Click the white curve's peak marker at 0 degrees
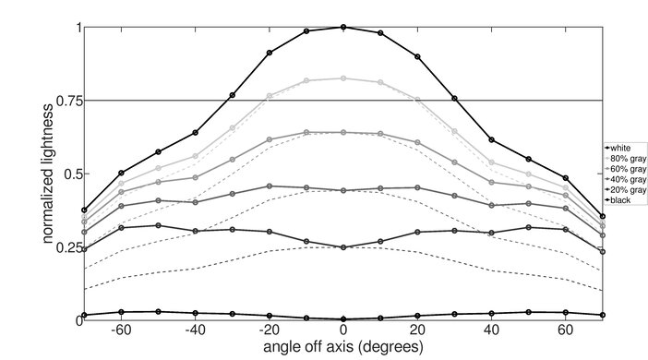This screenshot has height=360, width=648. click(343, 28)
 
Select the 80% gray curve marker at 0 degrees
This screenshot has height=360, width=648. click(343, 78)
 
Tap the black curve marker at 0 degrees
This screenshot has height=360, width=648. click(343, 318)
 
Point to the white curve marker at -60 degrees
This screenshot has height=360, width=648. click(121, 173)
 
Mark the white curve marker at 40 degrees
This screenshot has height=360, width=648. click(491, 139)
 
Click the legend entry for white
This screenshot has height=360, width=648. click(618, 147)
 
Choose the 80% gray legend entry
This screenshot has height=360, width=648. click(623, 157)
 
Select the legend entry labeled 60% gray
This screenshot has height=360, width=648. click(623, 168)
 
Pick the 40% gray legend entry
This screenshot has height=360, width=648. click(623, 178)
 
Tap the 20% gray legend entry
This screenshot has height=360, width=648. click(623, 188)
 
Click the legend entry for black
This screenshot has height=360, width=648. click(618, 199)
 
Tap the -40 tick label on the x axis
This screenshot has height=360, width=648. click(194, 331)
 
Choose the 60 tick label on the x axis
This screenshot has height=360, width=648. click(565, 331)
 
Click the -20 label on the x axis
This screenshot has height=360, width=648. click(268, 331)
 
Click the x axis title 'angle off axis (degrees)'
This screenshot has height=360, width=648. click(343, 348)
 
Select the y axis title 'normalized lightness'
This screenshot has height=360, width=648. click(46, 174)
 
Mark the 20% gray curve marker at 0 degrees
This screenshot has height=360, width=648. click(343, 247)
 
